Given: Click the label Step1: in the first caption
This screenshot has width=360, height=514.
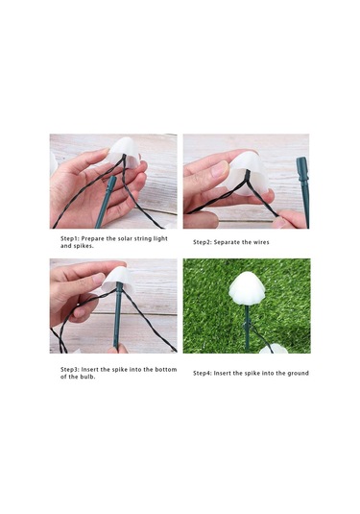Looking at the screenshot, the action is [x=70, y=238].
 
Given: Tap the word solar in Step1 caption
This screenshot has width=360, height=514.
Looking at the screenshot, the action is [x=118, y=238].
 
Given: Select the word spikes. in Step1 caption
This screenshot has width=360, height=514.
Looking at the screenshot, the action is [x=84, y=246].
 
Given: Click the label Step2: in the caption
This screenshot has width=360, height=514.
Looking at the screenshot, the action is [x=203, y=242].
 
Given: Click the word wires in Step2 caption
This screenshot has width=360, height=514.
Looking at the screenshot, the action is [x=261, y=242].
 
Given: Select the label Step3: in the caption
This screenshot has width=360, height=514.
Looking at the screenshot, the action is [x=70, y=370].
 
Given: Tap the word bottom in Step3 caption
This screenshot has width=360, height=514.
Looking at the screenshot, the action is [x=166, y=370].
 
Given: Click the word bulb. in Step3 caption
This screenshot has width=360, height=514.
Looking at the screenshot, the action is [x=88, y=377].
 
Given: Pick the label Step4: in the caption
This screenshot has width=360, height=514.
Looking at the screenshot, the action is [x=203, y=373].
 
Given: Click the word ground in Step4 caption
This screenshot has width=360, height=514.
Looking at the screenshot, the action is [x=299, y=373].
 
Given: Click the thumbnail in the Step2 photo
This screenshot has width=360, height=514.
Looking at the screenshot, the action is [x=219, y=169].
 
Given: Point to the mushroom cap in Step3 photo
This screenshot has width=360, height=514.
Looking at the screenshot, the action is [x=118, y=280].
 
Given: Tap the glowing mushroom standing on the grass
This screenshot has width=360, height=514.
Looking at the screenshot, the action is [x=247, y=288].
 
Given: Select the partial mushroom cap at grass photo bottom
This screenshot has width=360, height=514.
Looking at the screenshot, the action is [x=273, y=350].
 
